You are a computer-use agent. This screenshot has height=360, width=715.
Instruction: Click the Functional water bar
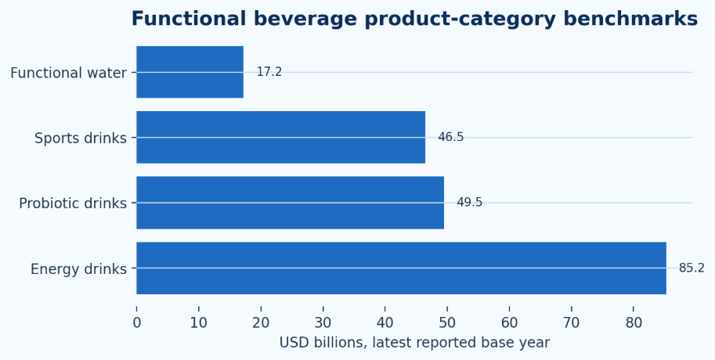pos(190,72)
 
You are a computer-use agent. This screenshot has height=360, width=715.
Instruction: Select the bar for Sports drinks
pos(281,137)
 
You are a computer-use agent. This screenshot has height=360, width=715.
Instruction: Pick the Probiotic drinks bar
pos(290,203)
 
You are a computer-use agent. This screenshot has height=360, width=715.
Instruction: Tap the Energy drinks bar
pos(401,268)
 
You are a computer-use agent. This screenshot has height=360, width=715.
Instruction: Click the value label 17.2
pos(269,72)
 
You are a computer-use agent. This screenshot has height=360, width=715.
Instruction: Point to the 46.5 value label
pos(451,137)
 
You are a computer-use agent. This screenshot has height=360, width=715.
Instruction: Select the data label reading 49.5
pos(470,203)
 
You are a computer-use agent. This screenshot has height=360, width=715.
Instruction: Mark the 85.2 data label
pos(692,268)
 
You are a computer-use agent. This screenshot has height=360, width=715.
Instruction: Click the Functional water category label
pos(68,73)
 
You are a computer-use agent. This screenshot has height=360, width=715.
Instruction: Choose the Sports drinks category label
pos(81,138)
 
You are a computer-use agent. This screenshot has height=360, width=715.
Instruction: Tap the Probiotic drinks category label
pos(73,203)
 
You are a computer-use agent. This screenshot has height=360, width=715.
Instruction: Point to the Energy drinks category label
pos(78,269)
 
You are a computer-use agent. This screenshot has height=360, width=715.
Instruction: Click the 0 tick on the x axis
pos(137,323)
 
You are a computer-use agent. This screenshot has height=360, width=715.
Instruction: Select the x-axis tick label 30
pos(323,323)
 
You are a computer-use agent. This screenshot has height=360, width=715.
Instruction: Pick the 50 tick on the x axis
pos(447,323)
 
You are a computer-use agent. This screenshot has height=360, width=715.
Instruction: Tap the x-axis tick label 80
pos(634,323)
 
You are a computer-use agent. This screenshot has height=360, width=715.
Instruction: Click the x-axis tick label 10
pos(199,323)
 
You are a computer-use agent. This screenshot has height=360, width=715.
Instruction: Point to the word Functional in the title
pos(190,19)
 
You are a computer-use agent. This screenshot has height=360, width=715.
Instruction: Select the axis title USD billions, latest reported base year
pos(414,343)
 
